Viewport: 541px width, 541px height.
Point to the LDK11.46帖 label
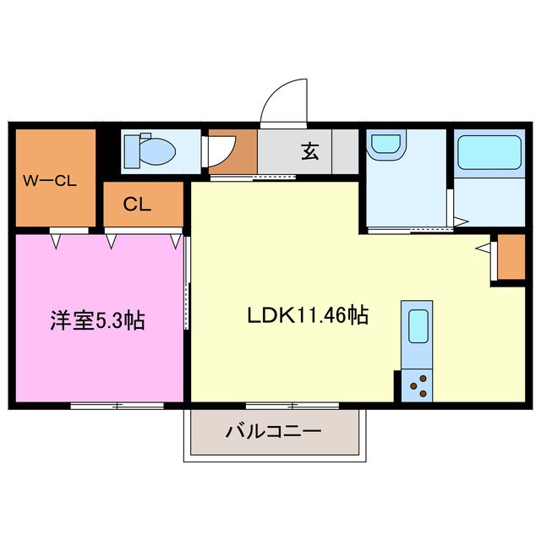coord(307,316)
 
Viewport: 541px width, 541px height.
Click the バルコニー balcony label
coord(273,432)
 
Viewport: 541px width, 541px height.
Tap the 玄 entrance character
coord(309,152)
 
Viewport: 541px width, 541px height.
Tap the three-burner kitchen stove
coord(417,385)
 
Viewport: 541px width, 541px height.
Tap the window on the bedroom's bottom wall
coord(117,406)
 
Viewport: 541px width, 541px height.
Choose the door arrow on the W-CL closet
coord(57,240)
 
